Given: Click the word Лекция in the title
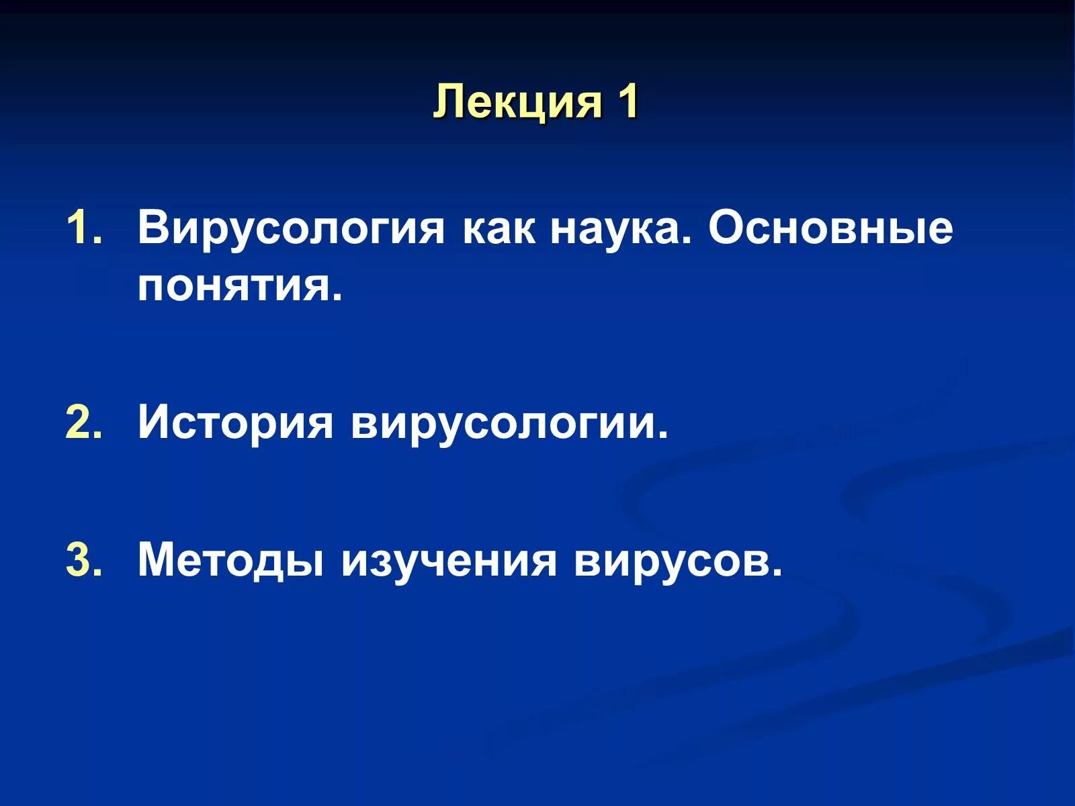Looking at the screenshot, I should click(x=518, y=103).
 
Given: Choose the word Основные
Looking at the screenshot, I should click(x=830, y=228).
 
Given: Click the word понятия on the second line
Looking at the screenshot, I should click(x=239, y=287).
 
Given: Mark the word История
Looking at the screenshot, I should click(x=235, y=424).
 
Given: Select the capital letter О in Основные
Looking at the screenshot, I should click(x=726, y=228).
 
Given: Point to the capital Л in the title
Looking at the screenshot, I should click(x=449, y=103).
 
